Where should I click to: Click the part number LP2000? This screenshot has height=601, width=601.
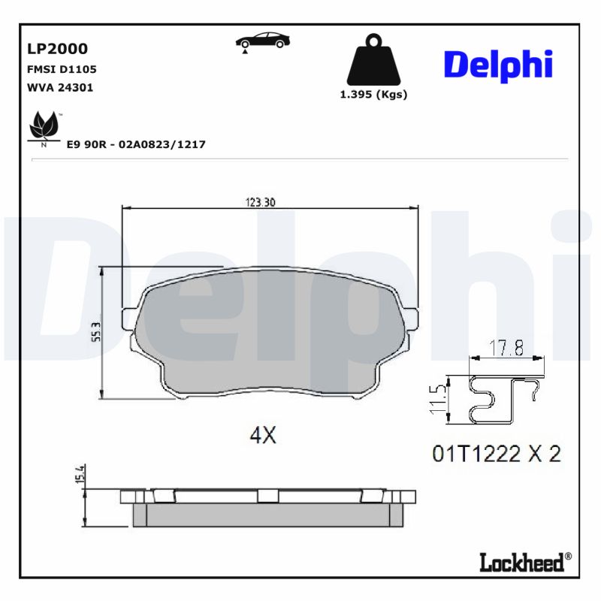click(57, 49)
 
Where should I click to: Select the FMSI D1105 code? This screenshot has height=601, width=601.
click(62, 69)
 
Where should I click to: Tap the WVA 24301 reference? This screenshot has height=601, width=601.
click(60, 87)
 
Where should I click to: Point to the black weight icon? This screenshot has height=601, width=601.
click(373, 59)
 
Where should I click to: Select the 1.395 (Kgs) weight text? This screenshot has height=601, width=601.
click(373, 95)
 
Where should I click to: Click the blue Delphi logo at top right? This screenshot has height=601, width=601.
click(498, 65)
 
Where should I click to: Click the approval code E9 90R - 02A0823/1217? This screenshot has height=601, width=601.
click(136, 144)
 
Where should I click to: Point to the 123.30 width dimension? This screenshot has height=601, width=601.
click(261, 201)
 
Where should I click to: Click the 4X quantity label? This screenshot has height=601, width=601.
click(263, 435)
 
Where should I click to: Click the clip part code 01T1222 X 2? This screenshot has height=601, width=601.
click(496, 454)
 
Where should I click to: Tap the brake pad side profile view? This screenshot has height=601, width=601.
click(267, 507)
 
